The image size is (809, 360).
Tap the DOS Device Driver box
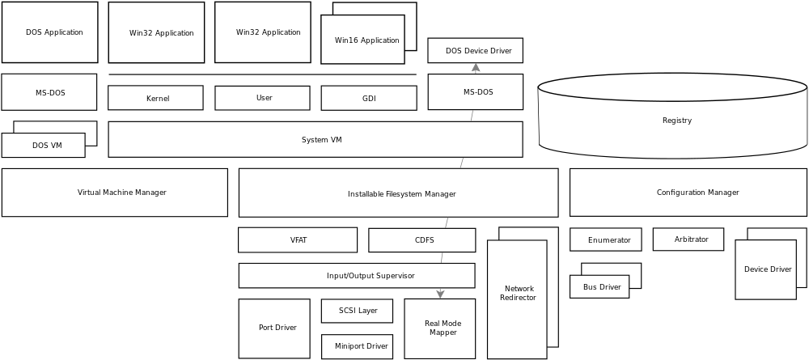pos(475,51)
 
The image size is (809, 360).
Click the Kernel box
pos(155,99)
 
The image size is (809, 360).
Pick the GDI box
pos(369,99)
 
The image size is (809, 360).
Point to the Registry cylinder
pos(674,121)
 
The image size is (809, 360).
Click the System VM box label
pos(321,140)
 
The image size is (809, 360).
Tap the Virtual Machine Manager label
pos(121,193)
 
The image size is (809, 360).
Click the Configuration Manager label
pos(697,193)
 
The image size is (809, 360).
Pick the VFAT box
pos(298,240)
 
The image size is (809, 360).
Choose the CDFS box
pos(423,240)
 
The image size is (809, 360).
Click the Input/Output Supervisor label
pos(370,276)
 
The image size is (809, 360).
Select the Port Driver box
pos(274,328)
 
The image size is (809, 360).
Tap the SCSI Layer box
pos(358,311)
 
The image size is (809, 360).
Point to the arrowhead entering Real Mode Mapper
pos(440,294)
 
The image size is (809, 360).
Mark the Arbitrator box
pos(688,239)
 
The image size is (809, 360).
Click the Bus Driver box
pos(600,287)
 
